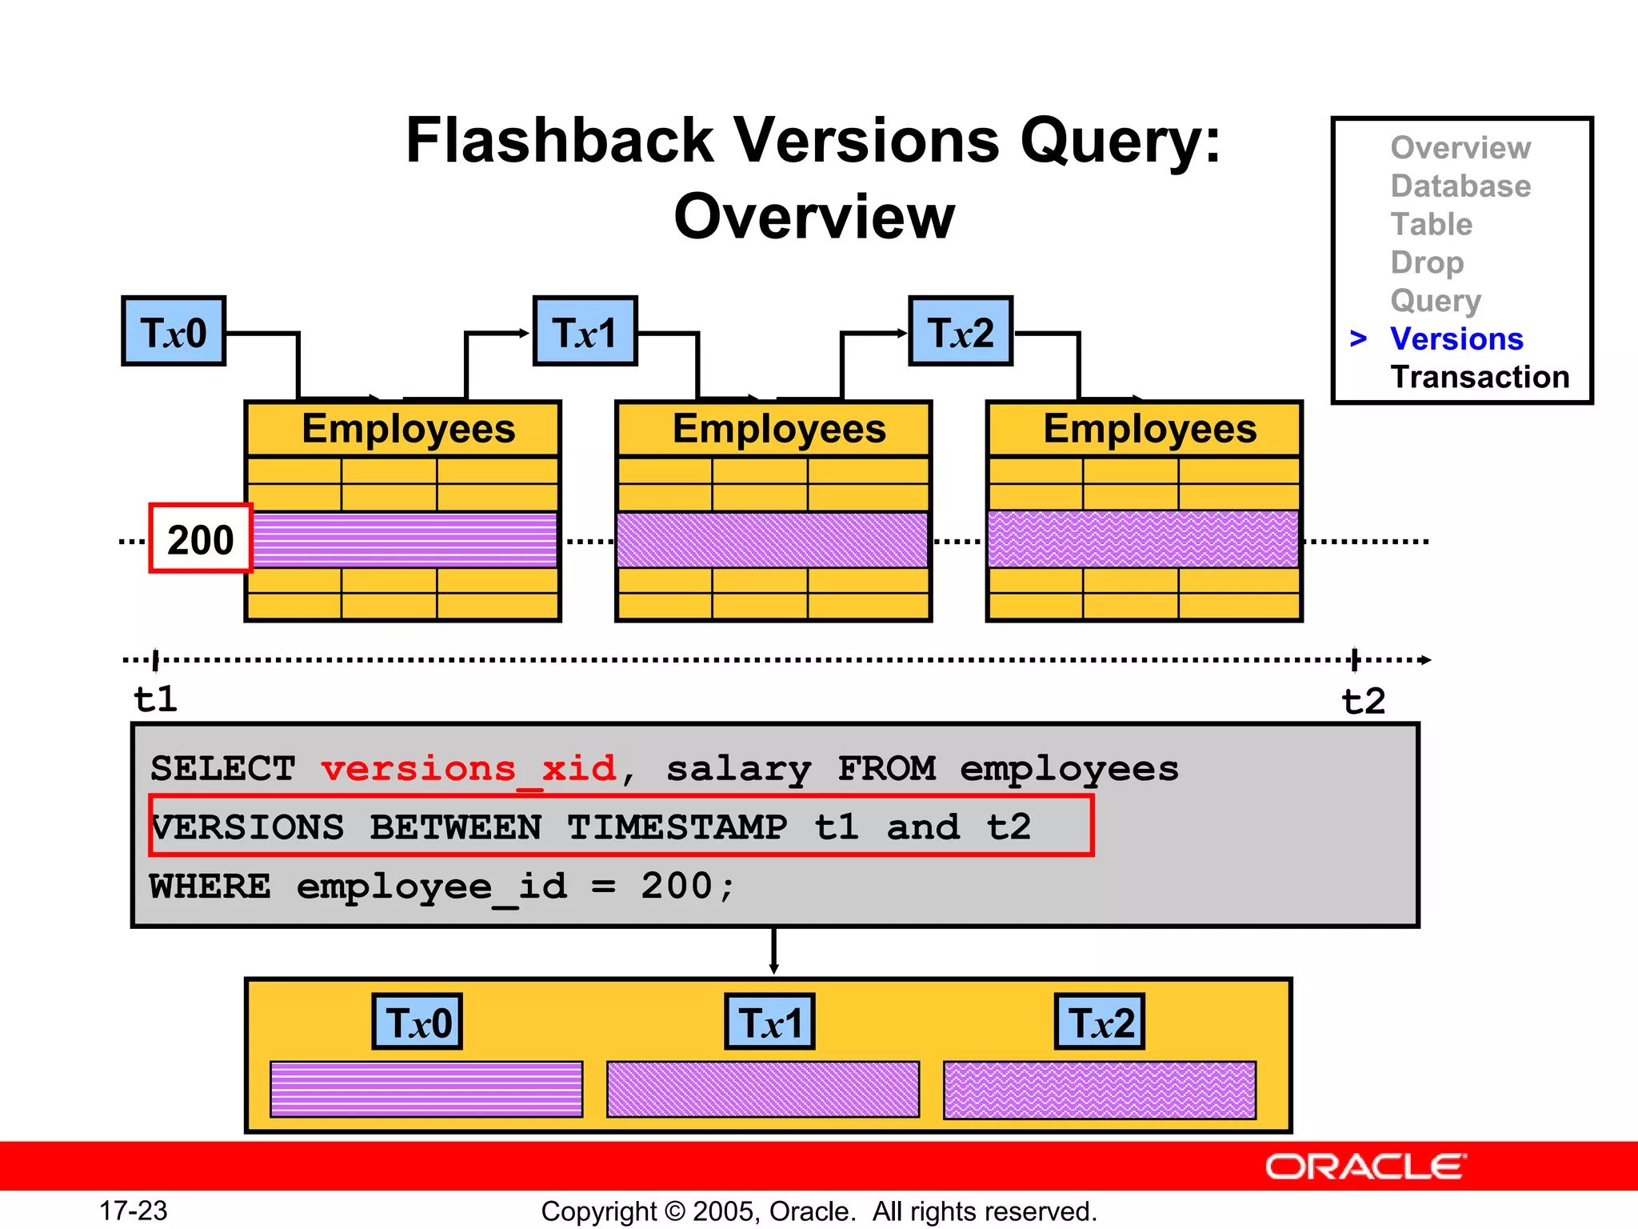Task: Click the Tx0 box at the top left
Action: point(174,331)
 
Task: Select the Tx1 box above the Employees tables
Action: point(585,331)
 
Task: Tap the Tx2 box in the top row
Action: point(961,331)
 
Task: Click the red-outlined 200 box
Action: point(201,538)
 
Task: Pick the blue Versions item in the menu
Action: point(1456,339)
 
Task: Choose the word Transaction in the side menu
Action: point(1480,377)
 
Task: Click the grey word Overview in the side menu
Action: point(1460,148)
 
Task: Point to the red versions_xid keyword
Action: point(469,769)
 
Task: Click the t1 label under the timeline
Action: point(155,700)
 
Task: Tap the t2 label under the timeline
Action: point(1363,702)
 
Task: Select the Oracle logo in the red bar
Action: point(1365,1167)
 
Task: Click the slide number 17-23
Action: point(134,1211)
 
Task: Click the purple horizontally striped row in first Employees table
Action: point(404,540)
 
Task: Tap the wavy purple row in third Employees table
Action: point(1143,540)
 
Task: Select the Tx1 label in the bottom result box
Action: point(769,1023)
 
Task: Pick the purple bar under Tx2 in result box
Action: point(1100,1090)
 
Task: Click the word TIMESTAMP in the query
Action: point(677,827)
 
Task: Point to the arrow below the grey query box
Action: point(773,952)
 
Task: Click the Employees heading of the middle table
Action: point(779,429)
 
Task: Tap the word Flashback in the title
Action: point(559,141)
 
